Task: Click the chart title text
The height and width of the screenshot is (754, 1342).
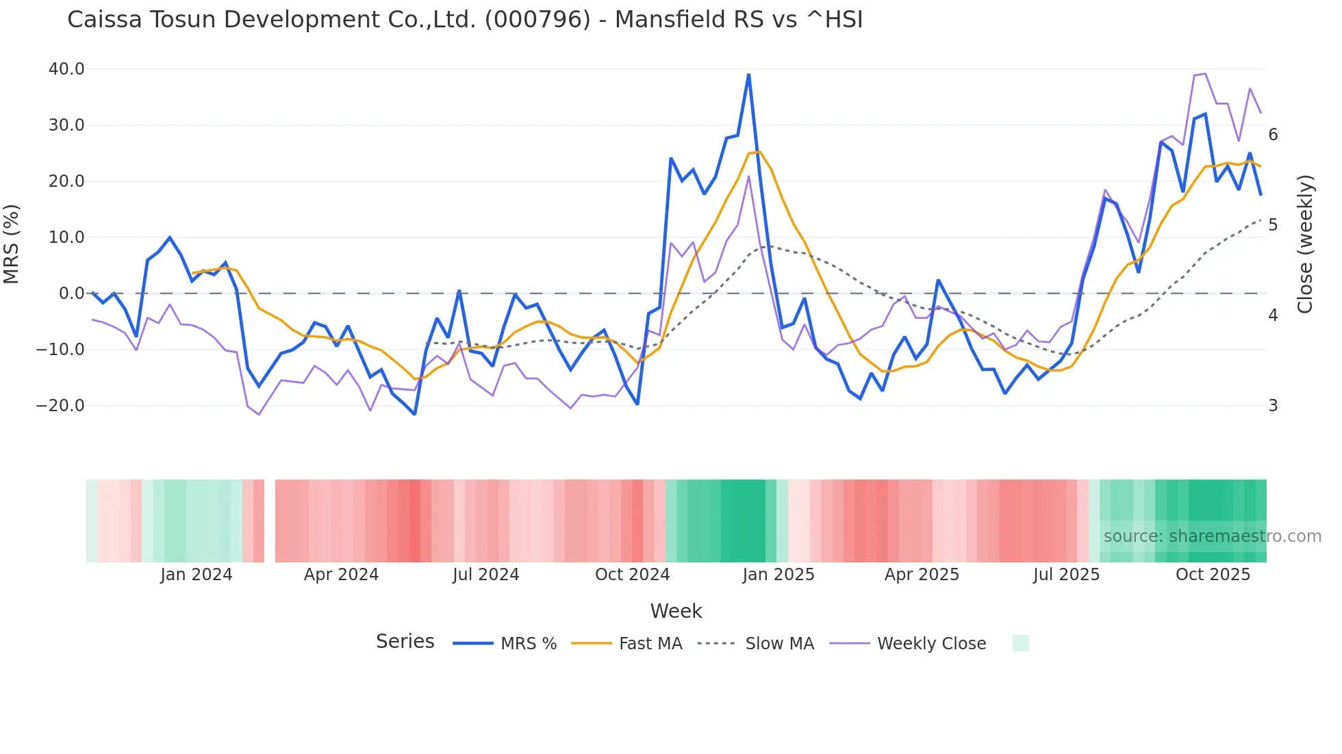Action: point(465,20)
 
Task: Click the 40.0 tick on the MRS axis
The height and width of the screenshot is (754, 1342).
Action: point(66,69)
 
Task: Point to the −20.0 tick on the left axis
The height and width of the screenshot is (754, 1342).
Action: point(60,406)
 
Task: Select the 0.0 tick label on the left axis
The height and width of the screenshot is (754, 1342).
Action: point(71,294)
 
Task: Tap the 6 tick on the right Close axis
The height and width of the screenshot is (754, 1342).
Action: point(1273,135)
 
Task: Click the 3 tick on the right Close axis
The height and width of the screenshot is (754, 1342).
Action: point(1273,406)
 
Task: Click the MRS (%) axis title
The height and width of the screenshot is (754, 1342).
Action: point(12,244)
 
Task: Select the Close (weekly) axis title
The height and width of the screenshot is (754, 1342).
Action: point(1305,244)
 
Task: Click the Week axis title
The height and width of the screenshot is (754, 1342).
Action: point(676,611)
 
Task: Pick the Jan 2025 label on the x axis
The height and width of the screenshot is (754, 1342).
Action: point(778,575)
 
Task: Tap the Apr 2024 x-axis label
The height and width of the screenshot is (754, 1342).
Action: point(341,575)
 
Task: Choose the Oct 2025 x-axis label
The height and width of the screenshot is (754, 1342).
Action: point(1213,575)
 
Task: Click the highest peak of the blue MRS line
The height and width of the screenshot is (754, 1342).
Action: point(748,75)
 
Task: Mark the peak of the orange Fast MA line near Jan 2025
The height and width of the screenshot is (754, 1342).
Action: point(759,152)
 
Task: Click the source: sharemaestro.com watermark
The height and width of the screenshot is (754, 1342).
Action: point(1212,536)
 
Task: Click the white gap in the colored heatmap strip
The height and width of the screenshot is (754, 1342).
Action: point(270,521)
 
